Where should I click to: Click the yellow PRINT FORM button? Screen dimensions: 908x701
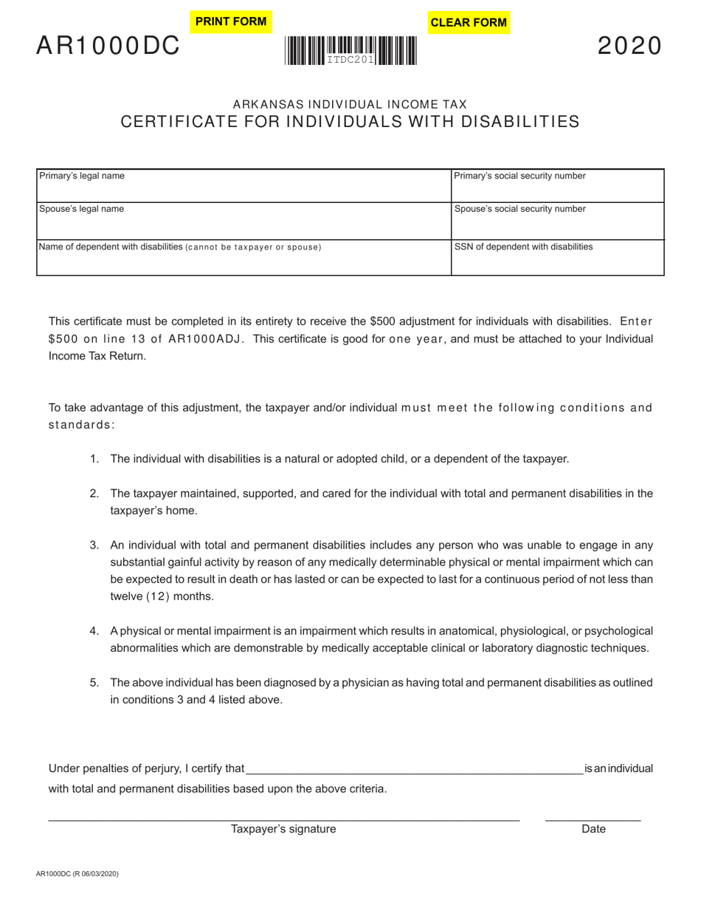(x=231, y=21)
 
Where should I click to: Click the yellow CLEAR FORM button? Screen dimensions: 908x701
(x=469, y=22)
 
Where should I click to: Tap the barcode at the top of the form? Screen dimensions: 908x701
(x=350, y=51)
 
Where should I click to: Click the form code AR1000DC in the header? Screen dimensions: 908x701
(x=108, y=47)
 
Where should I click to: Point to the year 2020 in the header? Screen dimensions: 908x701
(x=629, y=47)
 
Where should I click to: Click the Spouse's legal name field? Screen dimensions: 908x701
(x=244, y=221)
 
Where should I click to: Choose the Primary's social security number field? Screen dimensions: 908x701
(x=557, y=188)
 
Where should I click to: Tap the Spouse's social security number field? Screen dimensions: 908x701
(x=557, y=221)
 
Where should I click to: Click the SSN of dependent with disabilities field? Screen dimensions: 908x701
(x=557, y=260)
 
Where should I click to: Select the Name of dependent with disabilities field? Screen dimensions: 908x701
(x=244, y=260)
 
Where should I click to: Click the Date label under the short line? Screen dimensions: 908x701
(x=593, y=829)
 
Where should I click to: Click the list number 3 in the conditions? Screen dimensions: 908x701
(x=94, y=546)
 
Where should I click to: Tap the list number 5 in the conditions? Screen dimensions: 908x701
(x=94, y=683)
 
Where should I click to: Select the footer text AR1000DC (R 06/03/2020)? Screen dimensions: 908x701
(x=77, y=874)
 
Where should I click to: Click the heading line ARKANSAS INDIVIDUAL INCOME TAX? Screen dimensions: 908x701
(x=350, y=105)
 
